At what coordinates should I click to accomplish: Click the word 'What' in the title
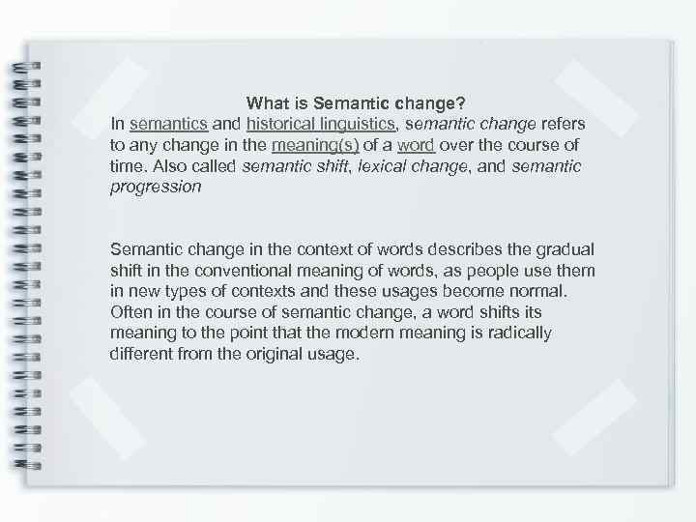(266, 102)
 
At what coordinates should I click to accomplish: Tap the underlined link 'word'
(415, 145)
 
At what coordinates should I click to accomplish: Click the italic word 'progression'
(156, 188)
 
